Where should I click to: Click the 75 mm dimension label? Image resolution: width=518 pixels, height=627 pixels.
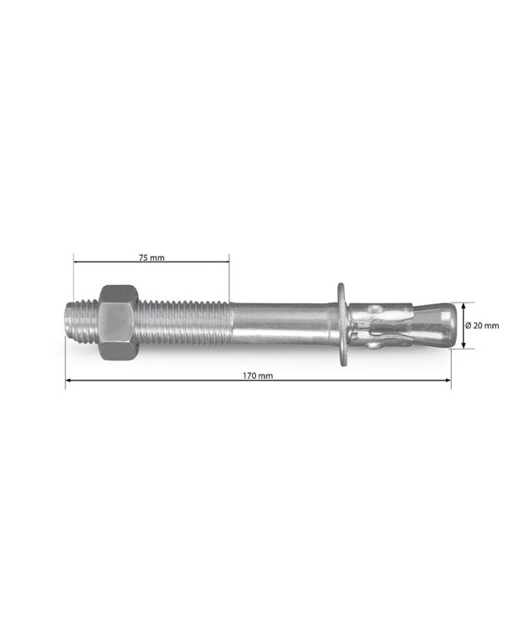(151, 257)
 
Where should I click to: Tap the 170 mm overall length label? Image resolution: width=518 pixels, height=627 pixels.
(258, 376)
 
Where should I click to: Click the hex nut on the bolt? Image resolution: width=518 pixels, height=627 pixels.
(118, 322)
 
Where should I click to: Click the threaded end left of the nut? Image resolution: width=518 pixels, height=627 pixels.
(82, 323)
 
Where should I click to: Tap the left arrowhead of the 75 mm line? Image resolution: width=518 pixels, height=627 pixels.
(77, 263)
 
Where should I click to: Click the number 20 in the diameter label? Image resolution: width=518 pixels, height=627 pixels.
(477, 325)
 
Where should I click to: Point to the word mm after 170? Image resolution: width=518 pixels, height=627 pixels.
(265, 376)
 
